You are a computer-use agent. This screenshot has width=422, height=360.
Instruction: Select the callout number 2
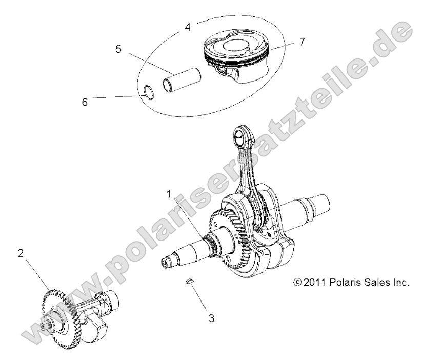click(21, 253)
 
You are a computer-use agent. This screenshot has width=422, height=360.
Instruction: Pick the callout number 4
click(188, 26)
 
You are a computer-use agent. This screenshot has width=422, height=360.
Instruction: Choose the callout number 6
click(85, 102)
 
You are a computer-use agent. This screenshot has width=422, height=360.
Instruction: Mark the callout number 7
click(302, 42)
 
